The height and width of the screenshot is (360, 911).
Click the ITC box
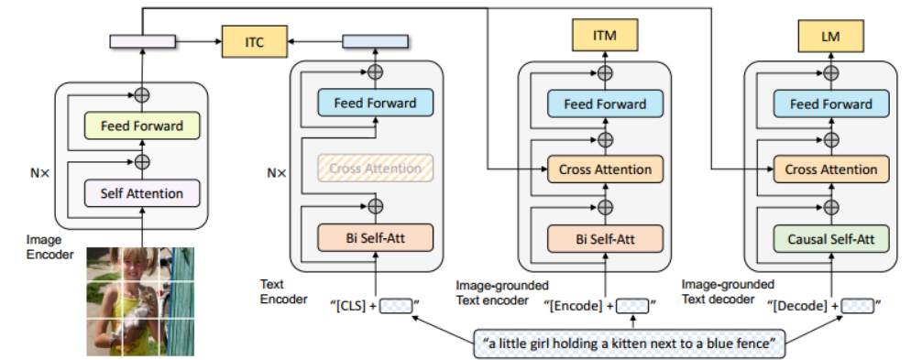coord(255,41)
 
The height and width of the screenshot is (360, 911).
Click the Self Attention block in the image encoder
coord(141,193)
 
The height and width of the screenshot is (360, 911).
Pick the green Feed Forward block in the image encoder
coord(141,125)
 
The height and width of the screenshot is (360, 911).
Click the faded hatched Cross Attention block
coord(375,169)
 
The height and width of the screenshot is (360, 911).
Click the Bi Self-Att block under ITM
coord(604,239)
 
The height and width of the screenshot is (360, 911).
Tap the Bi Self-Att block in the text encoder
coord(375,239)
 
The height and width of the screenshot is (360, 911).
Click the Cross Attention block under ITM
coord(604,169)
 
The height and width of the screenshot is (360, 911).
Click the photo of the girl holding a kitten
coord(141,301)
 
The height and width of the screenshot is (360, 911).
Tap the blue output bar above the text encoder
coord(375,41)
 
